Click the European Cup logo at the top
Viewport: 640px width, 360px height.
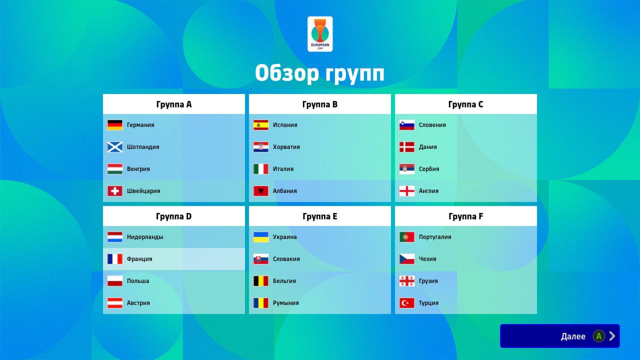(320, 34)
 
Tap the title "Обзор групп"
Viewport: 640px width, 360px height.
(319, 73)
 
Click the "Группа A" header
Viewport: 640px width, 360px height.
(173, 104)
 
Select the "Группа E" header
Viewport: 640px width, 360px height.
(319, 216)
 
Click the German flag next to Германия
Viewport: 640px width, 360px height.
(115, 125)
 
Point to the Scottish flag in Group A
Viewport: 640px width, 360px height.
(115, 147)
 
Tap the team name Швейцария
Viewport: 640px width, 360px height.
(143, 191)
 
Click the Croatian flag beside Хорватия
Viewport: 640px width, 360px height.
(261, 147)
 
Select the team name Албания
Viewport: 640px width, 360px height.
(285, 191)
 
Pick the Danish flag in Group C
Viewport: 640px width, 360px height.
(407, 147)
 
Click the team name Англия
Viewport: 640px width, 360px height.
(428, 191)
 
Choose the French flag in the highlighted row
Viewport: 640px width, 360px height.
(115, 259)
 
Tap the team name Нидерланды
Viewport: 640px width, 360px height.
(145, 237)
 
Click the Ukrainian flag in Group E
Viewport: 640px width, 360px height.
(261, 237)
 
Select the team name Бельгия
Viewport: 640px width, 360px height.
(284, 281)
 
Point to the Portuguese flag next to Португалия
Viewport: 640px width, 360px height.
(407, 237)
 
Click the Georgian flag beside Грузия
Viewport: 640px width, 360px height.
(407, 281)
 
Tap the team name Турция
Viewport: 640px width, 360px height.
(428, 303)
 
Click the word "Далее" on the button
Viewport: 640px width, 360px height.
(573, 336)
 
